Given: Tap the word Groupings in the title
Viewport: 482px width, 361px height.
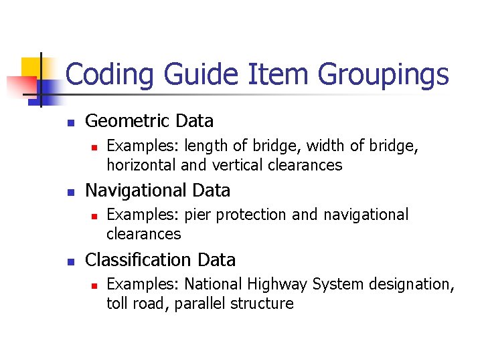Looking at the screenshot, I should pyautogui.click(x=384, y=75).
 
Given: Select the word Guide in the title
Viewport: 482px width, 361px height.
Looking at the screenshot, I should pyautogui.click(x=193, y=75).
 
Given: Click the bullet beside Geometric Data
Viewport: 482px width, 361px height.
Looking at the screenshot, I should pyautogui.click(x=69, y=123).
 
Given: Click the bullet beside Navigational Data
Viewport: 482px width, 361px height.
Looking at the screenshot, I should pyautogui.click(x=69, y=193).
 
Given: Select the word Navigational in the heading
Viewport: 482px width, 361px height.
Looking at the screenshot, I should pyautogui.click(x=137, y=191).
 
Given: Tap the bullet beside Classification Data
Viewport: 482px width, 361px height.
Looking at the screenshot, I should pyautogui.click(x=69, y=262).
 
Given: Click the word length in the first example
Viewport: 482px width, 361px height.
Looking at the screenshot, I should pyautogui.click(x=204, y=146).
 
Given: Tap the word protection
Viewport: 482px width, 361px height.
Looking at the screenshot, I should pyautogui.click(x=251, y=215).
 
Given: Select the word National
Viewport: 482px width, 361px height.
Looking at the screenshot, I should pyautogui.click(x=214, y=284).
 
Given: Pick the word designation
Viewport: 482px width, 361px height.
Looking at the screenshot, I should pyautogui.click(x=415, y=284).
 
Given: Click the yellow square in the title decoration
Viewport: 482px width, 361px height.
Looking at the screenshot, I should pyautogui.click(x=31, y=68).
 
